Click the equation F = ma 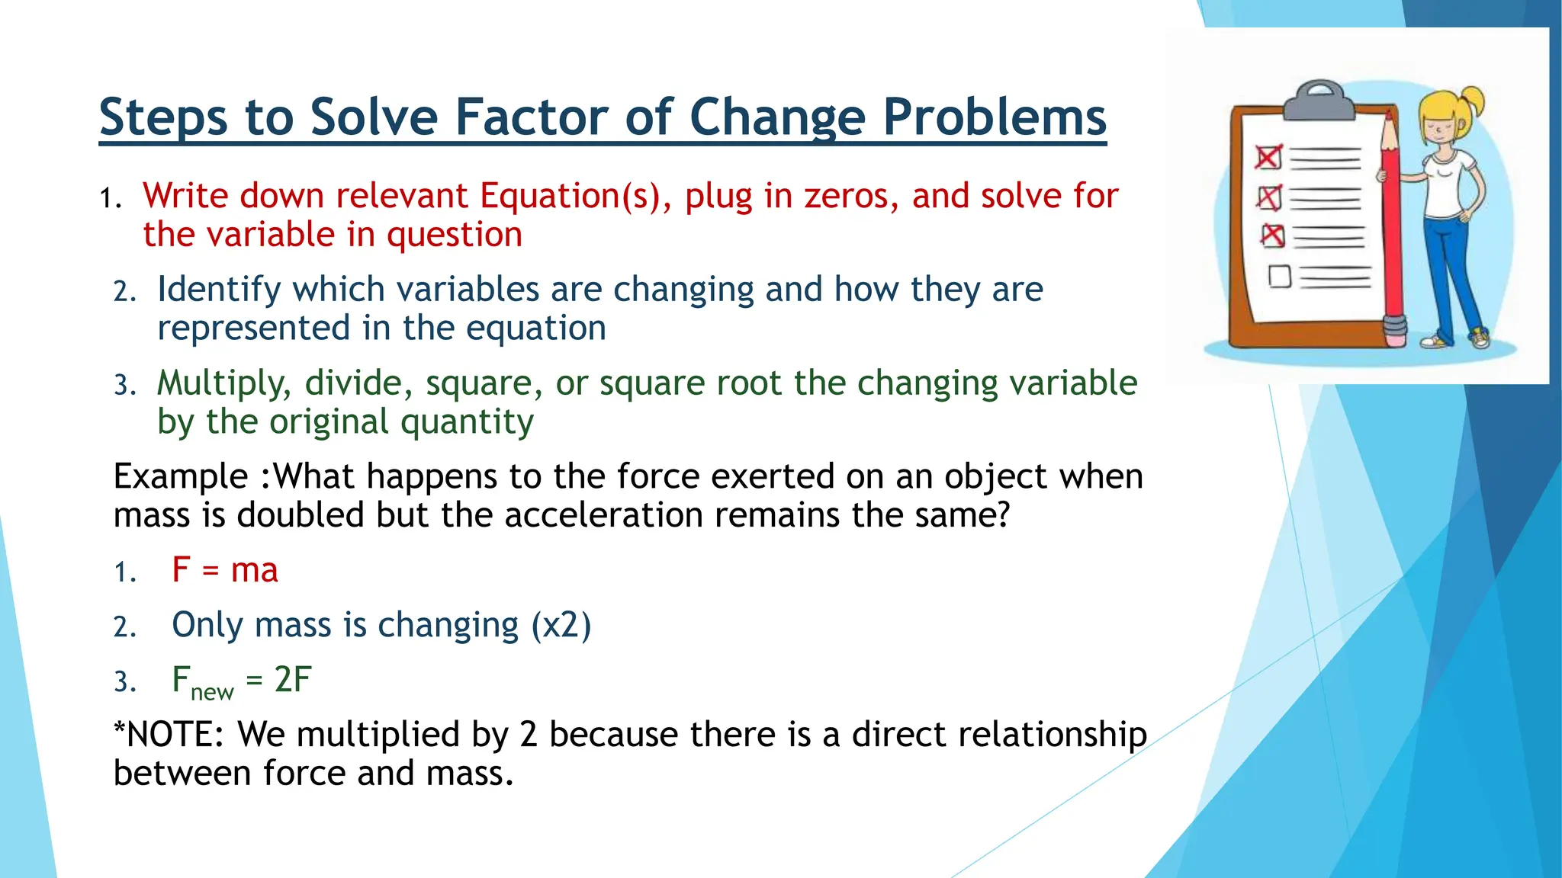coord(225,570)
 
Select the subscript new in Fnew coord(212,693)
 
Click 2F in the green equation coord(293,680)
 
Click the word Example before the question coord(180,477)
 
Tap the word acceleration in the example coord(603,516)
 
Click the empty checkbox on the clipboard coord(1280,276)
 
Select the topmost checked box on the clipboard coord(1268,158)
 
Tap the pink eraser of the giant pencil coord(1395,328)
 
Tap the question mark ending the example coord(1002,515)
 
